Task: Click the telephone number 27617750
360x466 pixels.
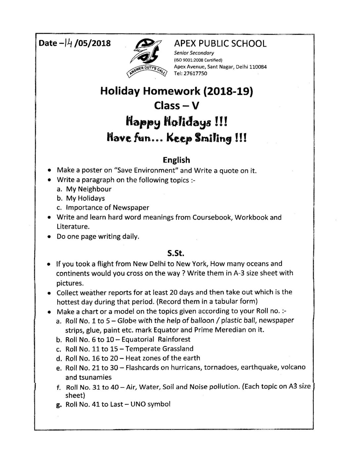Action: pyautogui.click(x=196, y=73)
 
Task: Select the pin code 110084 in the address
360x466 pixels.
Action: pyautogui.click(x=258, y=67)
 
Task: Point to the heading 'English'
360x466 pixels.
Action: pyautogui.click(x=176, y=160)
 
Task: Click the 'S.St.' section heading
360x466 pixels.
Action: pyautogui.click(x=176, y=254)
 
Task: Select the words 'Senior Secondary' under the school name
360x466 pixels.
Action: pyautogui.click(x=194, y=53)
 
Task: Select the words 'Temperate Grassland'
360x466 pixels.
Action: pyautogui.click(x=159, y=349)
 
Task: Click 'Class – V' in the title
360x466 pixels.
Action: pyautogui.click(x=177, y=106)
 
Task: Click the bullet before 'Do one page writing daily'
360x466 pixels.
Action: pyautogui.click(x=49, y=237)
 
